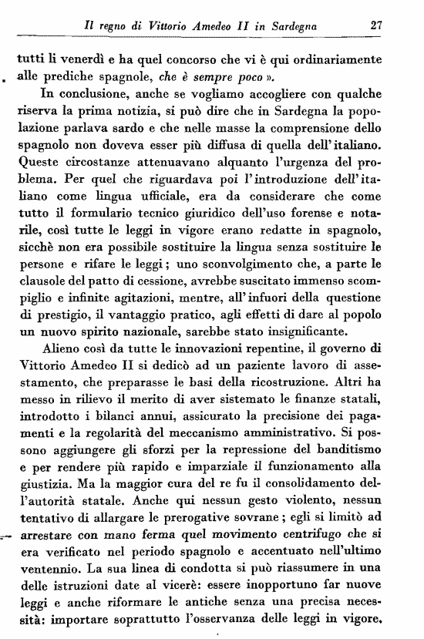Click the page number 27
[376, 25]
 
